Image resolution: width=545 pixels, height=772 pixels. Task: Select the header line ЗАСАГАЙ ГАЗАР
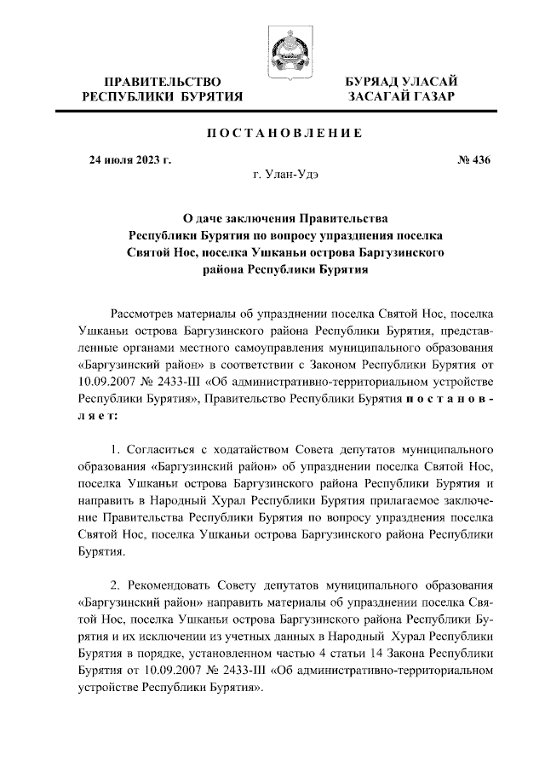pos(400,97)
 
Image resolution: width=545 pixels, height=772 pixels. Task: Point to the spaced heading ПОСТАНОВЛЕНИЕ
pos(284,134)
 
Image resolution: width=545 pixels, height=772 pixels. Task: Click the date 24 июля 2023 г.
pos(131,159)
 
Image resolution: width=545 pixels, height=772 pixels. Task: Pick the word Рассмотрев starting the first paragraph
pos(146,314)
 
